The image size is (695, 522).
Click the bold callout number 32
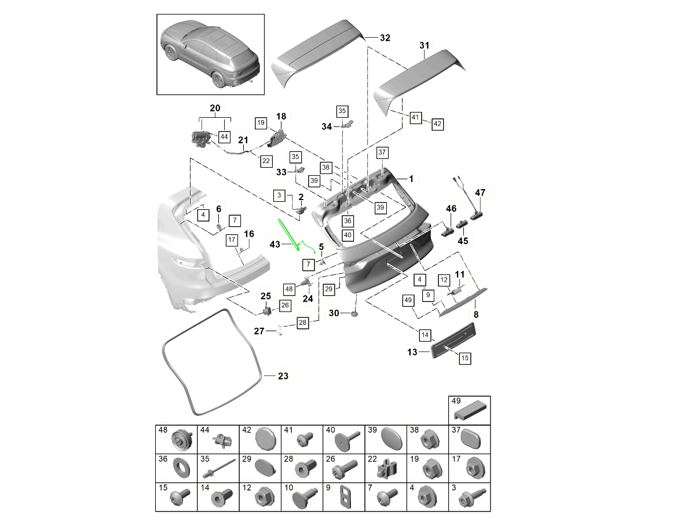point(385,38)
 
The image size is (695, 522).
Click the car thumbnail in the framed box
point(210,55)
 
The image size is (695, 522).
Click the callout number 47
point(481,193)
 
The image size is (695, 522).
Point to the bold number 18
point(281,117)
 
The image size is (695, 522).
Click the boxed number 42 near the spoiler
point(437,124)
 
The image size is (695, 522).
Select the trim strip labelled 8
point(463,302)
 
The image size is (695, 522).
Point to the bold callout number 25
point(266,296)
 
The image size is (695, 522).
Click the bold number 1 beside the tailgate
point(412,179)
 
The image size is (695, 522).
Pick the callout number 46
point(451,208)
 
